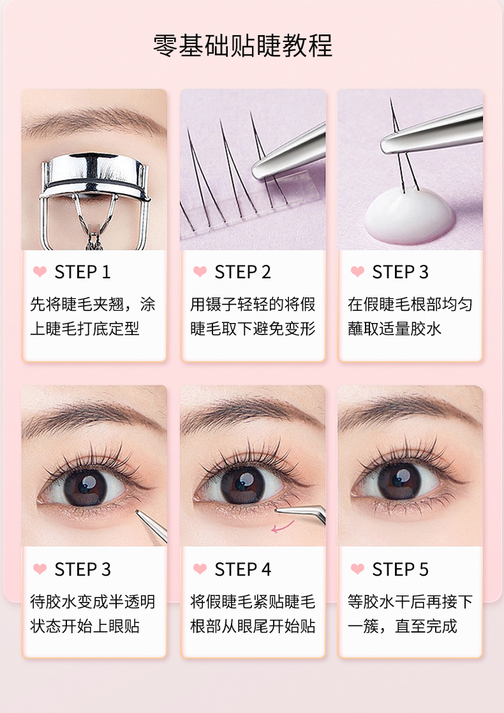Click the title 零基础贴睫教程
click(242, 45)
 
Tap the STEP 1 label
click(83, 273)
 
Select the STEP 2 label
click(242, 273)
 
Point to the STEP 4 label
click(242, 569)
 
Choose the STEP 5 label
click(401, 569)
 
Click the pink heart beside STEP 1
click(40, 272)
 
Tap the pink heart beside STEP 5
click(358, 569)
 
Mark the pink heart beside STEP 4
click(200, 569)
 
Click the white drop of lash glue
click(409, 215)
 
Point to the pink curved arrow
click(282, 527)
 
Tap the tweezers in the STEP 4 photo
click(302, 514)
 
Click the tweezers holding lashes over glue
click(432, 130)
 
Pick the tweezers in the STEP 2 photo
click(289, 153)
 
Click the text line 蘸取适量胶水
click(394, 329)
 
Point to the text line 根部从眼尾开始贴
click(253, 626)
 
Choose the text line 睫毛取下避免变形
click(253, 329)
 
